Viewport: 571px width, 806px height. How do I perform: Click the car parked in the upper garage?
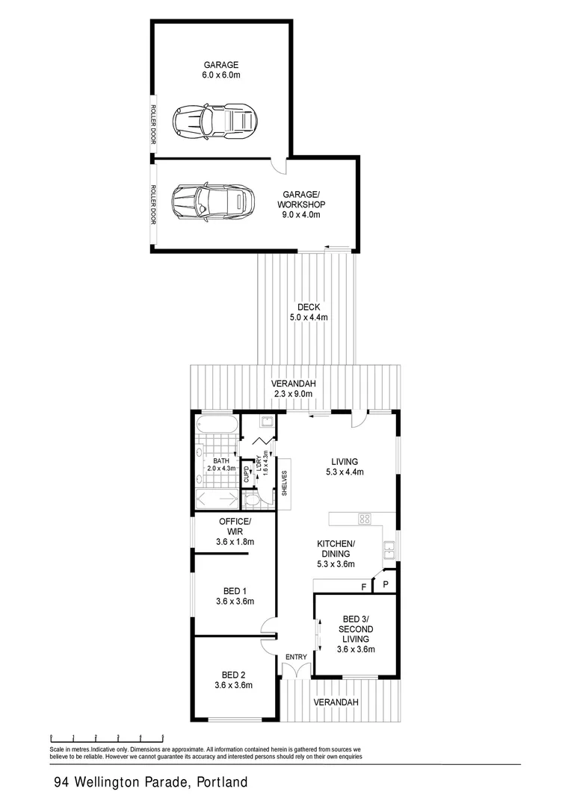(214, 120)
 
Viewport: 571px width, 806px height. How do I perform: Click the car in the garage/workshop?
(209, 200)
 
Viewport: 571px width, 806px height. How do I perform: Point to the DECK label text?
(309, 307)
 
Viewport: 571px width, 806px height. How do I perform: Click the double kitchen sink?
(389, 551)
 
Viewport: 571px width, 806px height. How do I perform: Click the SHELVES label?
(285, 483)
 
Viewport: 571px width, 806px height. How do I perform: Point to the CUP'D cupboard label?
(247, 475)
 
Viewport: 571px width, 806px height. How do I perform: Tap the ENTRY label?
(297, 657)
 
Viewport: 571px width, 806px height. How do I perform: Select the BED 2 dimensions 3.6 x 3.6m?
(234, 685)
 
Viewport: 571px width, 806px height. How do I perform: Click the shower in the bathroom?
(217, 498)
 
